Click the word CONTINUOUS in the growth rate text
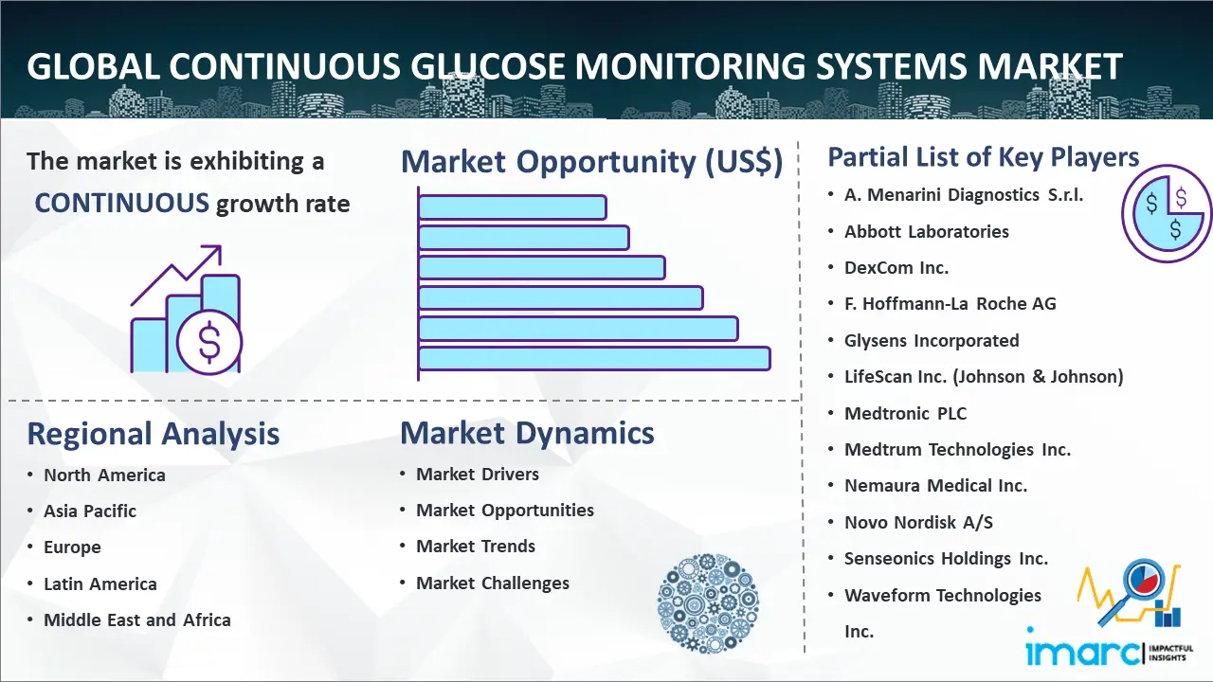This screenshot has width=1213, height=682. pos(122,204)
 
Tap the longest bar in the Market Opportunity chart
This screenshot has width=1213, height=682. pos(594,359)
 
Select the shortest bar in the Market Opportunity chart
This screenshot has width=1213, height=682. pos(513,207)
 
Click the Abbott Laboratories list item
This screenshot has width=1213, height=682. pos(927,232)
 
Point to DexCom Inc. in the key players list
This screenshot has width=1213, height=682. pos(896,268)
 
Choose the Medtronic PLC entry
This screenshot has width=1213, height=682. pos(905,414)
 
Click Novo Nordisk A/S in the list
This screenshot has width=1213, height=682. pos(918,522)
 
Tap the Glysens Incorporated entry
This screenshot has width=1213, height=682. pos(932,340)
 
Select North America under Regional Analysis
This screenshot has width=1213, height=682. pos(104,476)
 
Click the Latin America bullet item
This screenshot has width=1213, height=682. pos(100,584)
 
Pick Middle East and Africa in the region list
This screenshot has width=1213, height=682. pos(137,620)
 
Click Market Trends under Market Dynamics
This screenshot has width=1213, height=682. pos(476,547)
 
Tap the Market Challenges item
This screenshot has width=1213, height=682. pos(492,583)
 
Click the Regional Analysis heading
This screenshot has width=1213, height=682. pos(154,434)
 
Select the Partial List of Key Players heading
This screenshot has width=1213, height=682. pos(984,157)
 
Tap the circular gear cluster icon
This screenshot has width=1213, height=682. pos(708,603)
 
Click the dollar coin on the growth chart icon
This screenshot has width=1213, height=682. pos(209,343)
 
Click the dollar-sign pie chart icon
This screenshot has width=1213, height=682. pos(1167,213)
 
